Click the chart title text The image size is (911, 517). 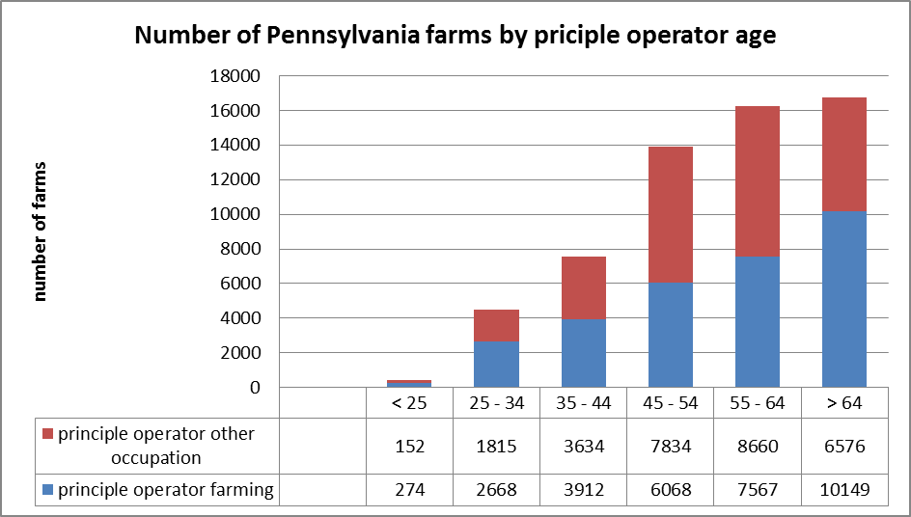455,36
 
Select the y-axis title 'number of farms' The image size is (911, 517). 41,232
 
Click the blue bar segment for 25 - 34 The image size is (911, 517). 497,364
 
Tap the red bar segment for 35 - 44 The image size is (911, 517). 584,287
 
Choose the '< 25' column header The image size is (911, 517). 410,403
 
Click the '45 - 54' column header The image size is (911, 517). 671,403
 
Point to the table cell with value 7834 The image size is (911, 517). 671,447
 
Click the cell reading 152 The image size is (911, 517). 410,447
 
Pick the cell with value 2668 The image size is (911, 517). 497,490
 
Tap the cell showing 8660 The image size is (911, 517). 758,447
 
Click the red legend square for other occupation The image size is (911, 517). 47,435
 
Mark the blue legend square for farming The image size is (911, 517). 47,490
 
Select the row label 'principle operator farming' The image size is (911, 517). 165,490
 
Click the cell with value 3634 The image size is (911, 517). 584,447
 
